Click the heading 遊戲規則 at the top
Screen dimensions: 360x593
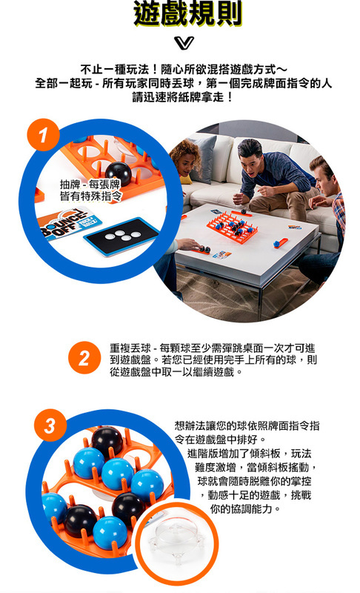point(187,13)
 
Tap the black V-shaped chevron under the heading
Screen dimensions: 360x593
point(184,43)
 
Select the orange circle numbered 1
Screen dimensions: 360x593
point(43,135)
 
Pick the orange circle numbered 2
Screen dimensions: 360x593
point(84,358)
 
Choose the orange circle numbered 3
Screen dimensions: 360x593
point(50,425)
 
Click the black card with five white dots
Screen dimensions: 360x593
point(121,236)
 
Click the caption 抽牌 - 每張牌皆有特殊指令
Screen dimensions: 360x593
point(90,191)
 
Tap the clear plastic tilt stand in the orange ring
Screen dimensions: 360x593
point(175,541)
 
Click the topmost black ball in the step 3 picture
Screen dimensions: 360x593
point(107,441)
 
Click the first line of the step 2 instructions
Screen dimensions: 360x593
point(213,348)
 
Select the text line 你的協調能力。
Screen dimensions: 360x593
point(245,508)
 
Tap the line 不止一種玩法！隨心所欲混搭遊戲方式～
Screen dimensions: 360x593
point(184,70)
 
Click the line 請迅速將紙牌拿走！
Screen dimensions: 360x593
point(184,97)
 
